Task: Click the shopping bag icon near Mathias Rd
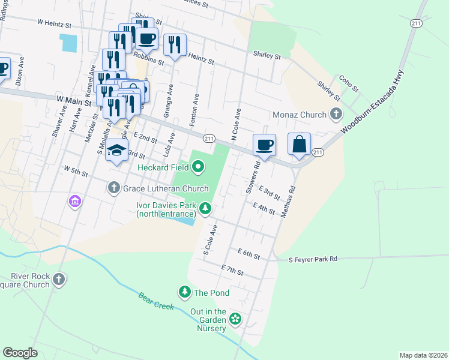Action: click(x=299, y=145)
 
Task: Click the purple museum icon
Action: click(x=75, y=200)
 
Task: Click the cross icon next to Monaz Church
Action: click(x=336, y=114)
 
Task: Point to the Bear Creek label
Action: click(x=155, y=302)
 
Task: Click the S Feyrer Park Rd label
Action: click(x=313, y=259)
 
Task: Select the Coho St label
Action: click(x=349, y=83)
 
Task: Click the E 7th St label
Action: click(x=232, y=269)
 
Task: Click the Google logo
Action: click(x=20, y=353)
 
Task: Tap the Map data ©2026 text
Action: click(x=423, y=355)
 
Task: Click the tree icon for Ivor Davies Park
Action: click(x=205, y=208)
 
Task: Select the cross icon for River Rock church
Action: click(x=59, y=279)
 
